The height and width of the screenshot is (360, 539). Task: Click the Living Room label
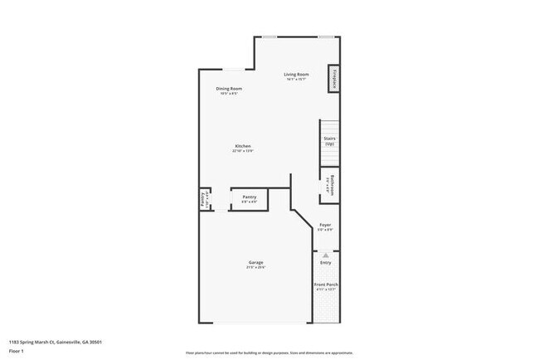pyautogui.click(x=297, y=74)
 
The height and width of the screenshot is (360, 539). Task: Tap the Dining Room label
pyautogui.click(x=229, y=88)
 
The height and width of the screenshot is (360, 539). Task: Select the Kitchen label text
pyautogui.click(x=243, y=146)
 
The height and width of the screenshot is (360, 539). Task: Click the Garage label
pyautogui.click(x=255, y=262)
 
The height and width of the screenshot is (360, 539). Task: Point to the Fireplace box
pyautogui.click(x=334, y=78)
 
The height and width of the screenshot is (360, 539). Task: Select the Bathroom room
pyautogui.click(x=330, y=183)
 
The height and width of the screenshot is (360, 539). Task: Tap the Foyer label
pyautogui.click(x=326, y=225)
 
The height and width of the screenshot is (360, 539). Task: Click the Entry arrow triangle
pyautogui.click(x=326, y=255)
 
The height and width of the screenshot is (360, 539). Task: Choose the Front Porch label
pyautogui.click(x=326, y=285)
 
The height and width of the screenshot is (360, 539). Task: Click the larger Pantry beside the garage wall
pyautogui.click(x=249, y=199)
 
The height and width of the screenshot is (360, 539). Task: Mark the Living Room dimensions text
pyautogui.click(x=297, y=80)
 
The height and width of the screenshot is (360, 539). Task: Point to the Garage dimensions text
pyautogui.click(x=255, y=267)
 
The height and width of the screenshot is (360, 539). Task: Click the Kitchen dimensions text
pyautogui.click(x=243, y=151)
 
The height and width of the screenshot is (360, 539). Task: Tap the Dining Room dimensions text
pyautogui.click(x=229, y=93)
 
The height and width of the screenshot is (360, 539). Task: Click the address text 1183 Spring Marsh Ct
pyautogui.click(x=56, y=341)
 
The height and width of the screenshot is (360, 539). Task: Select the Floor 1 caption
pyautogui.click(x=17, y=351)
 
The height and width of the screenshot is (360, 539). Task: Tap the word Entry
pyautogui.click(x=326, y=262)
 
